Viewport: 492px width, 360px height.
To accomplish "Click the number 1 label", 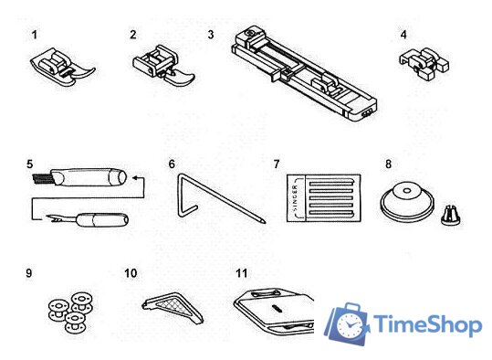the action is click(35, 35).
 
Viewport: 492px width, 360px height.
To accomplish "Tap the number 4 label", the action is click(403, 35).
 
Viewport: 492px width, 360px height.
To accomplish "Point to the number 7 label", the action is click(276, 164).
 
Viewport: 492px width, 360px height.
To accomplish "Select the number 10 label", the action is click(131, 273).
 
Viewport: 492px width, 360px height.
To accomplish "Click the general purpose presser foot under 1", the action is click(63, 69).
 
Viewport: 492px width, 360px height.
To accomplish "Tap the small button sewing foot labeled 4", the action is click(424, 63).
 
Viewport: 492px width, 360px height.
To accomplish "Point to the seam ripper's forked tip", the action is click(53, 217).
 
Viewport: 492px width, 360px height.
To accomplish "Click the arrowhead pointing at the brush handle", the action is click(135, 178).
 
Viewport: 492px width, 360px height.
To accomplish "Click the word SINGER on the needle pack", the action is click(295, 198).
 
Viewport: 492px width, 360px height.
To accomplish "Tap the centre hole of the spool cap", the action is click(406, 190).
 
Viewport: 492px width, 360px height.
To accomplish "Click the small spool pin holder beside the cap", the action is click(451, 215).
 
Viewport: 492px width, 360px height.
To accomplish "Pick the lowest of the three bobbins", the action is click(74, 322).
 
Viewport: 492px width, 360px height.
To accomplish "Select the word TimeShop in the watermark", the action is click(428, 325).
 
